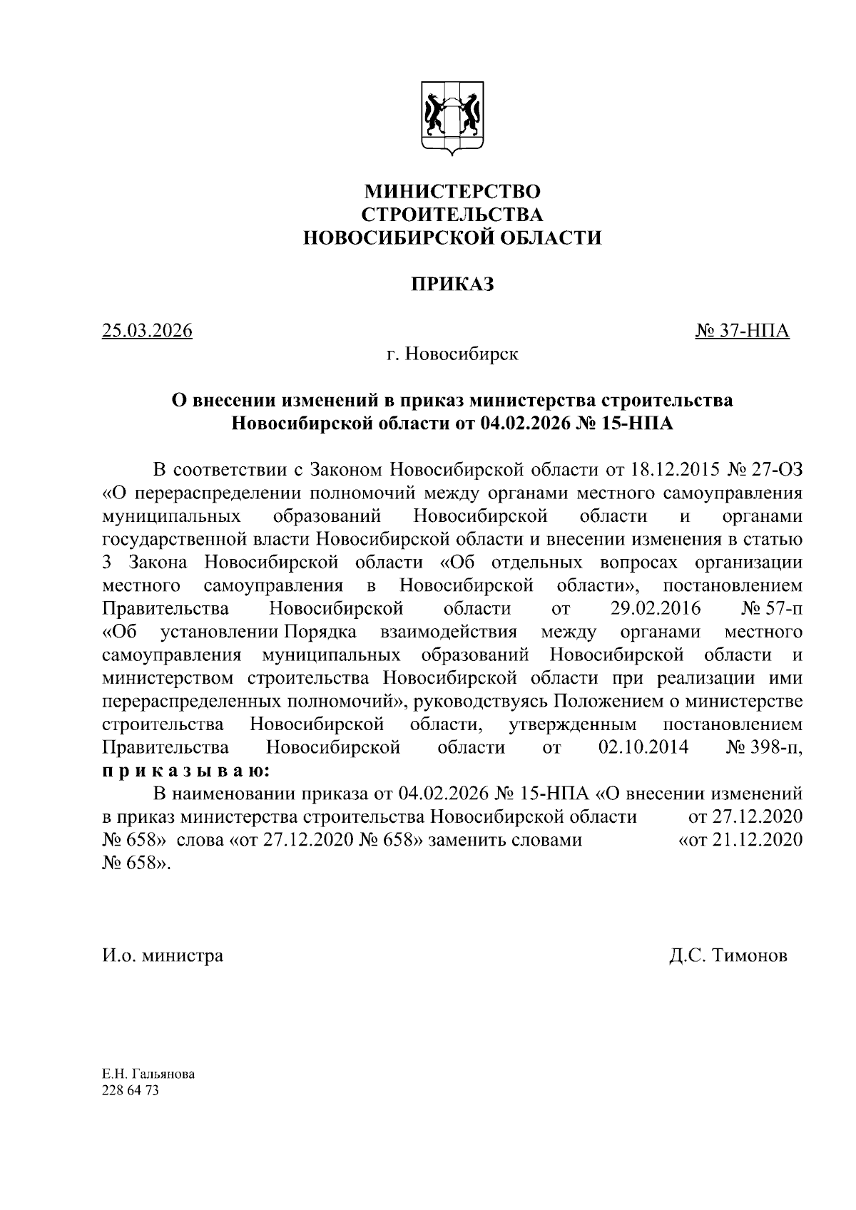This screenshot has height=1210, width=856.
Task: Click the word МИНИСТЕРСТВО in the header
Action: click(452, 191)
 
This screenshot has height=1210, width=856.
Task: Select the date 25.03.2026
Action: click(148, 331)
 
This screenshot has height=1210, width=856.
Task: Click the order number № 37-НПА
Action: click(742, 331)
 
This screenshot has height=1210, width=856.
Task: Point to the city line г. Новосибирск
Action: click(452, 354)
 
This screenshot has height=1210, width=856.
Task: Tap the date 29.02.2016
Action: click(656, 609)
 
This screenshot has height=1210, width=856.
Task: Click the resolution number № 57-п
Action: click(773, 609)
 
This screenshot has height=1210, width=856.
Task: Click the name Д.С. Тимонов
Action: click(728, 955)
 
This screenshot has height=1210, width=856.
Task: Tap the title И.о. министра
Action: click(163, 955)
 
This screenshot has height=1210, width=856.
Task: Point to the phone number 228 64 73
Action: click(131, 1091)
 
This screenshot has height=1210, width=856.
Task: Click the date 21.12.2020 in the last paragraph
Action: click(758, 840)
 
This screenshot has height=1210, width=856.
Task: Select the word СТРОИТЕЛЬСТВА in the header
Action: click(452, 215)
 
